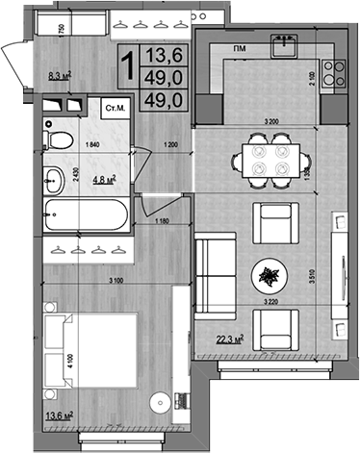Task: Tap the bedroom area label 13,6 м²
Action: pyautogui.click(x=60, y=415)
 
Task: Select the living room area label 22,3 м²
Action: pyautogui.click(x=228, y=338)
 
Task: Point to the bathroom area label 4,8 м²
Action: pyautogui.click(x=103, y=178)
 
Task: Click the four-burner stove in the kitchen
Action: pyautogui.click(x=333, y=72)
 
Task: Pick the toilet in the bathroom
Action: pyautogui.click(x=60, y=140)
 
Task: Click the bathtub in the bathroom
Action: pyautogui.click(x=88, y=217)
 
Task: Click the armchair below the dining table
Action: pyautogui.click(x=271, y=223)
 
